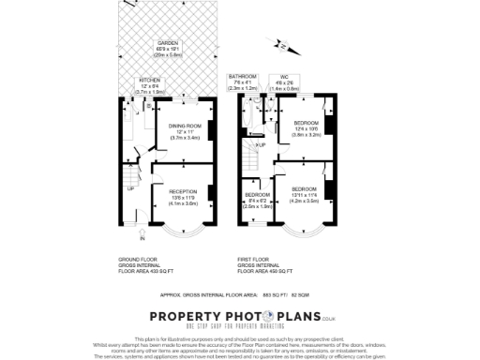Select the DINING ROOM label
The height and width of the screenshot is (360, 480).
pyautogui.click(x=185, y=126)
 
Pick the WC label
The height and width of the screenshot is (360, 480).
pyautogui.click(x=283, y=76)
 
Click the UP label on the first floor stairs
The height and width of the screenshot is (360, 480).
pyautogui.click(x=261, y=145)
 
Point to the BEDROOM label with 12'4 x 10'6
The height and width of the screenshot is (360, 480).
pyautogui.click(x=307, y=123)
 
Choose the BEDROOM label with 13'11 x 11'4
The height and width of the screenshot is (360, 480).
pyautogui.click(x=305, y=189)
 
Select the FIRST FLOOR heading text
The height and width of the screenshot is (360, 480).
pyautogui.click(x=254, y=256)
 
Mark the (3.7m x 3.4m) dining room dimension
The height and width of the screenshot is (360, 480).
pyautogui.click(x=185, y=137)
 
